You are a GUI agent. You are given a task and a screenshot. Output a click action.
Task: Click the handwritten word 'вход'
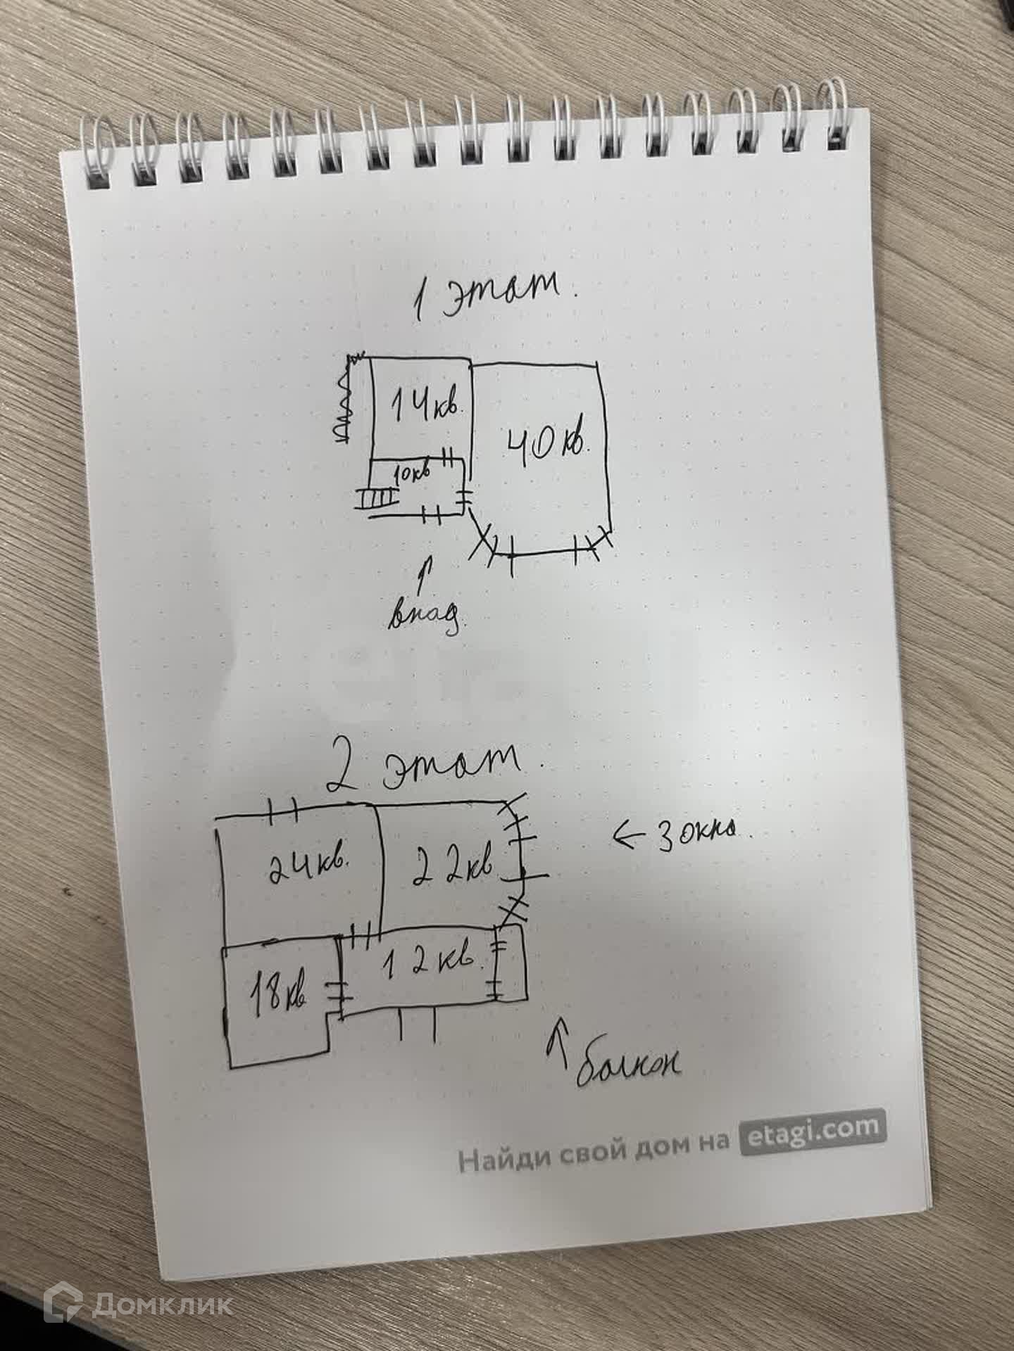pos(427,614)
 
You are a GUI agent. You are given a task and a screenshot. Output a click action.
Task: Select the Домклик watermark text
pos(161,1306)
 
